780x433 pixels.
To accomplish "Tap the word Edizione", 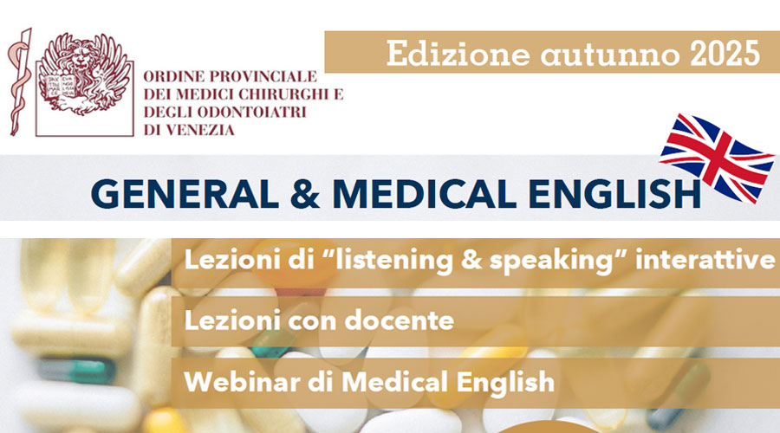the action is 458,53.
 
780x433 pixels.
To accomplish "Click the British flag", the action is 717,158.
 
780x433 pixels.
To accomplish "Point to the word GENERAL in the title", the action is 184,194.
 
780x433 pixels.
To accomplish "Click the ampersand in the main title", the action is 305,194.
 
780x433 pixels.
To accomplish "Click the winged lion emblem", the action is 85,74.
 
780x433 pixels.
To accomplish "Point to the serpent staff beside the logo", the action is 19,82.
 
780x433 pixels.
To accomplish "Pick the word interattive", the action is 705,260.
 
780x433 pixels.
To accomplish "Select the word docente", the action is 399,320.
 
